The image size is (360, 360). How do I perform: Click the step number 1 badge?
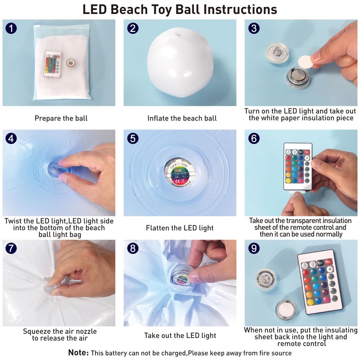(11, 28)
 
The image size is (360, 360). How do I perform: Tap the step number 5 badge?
(133, 139)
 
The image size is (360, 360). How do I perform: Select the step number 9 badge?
(254, 248)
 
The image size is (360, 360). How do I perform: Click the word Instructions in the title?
(240, 9)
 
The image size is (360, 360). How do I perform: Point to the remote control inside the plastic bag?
(53, 64)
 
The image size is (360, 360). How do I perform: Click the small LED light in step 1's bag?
(71, 63)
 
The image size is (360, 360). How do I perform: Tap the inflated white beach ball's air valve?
(178, 34)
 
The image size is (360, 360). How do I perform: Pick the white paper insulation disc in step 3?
(306, 62)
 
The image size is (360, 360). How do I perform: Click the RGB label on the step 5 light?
(179, 171)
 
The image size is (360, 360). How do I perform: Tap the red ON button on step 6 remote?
(307, 152)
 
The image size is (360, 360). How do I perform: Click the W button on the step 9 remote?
(330, 269)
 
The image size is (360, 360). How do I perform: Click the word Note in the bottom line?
(78, 353)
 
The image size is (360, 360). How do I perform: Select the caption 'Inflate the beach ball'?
(182, 118)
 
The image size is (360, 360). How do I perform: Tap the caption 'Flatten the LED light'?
(180, 228)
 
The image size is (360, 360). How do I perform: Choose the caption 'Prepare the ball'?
(61, 118)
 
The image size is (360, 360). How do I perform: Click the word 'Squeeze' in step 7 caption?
(37, 332)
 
